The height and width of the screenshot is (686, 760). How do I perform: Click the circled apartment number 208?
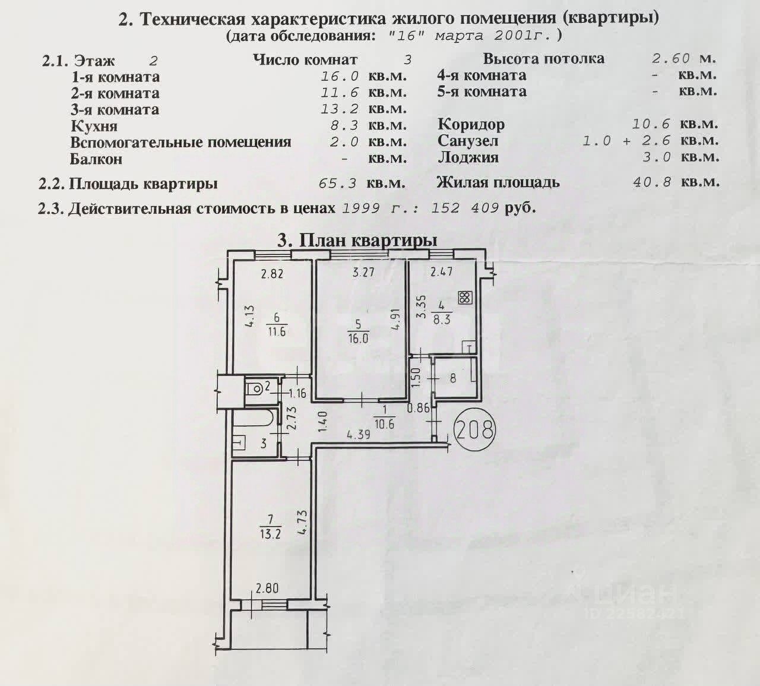click(475, 429)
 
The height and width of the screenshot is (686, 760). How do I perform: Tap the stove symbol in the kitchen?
click(465, 297)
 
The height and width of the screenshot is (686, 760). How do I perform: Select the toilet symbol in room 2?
click(256, 390)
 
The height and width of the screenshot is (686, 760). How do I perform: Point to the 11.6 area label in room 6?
click(276, 331)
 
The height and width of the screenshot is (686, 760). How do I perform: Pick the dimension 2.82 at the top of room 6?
click(273, 274)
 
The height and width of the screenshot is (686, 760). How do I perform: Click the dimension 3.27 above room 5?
click(364, 273)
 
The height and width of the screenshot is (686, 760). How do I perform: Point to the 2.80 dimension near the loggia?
click(267, 589)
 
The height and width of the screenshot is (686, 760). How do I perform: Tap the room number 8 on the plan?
click(453, 377)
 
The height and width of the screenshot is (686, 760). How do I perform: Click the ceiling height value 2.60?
click(671, 58)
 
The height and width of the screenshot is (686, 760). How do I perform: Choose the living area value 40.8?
click(653, 182)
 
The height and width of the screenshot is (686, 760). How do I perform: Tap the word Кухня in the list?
click(94, 126)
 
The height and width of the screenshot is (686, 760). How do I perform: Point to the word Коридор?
click(471, 124)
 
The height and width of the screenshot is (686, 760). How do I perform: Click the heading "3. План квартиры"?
click(357, 240)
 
